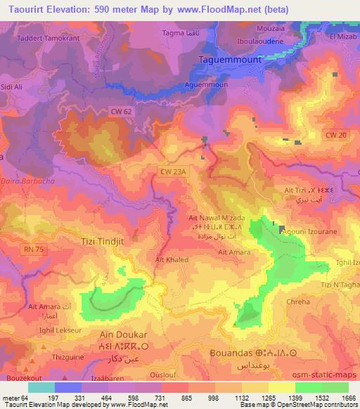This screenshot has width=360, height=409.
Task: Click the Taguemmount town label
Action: [x=231, y=60]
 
